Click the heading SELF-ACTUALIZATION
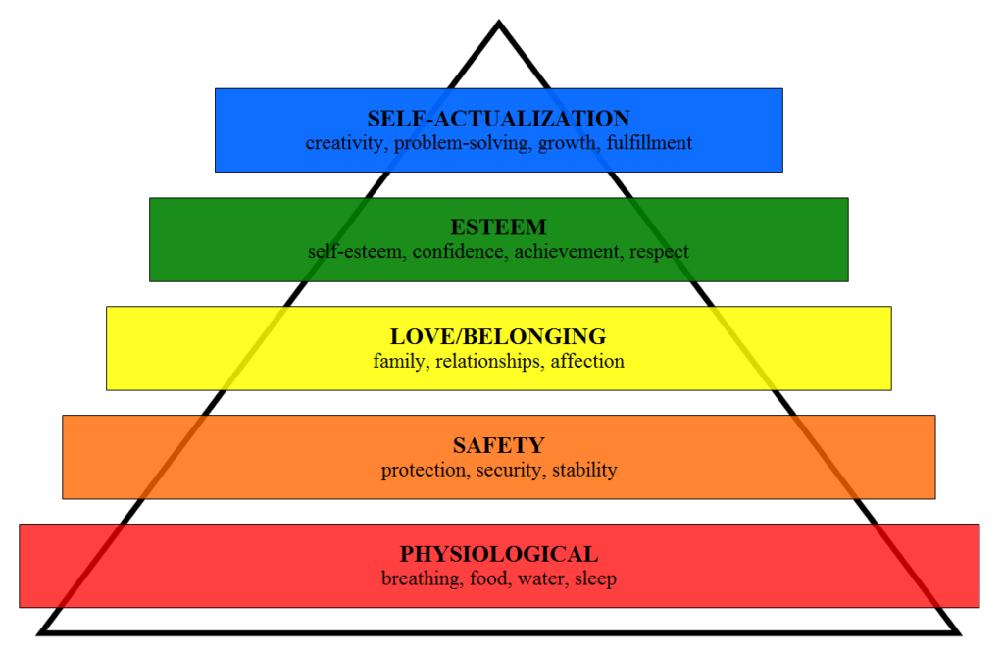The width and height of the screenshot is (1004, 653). coord(499,119)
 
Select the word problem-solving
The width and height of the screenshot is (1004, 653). coord(462,143)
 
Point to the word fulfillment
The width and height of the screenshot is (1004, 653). coord(649,142)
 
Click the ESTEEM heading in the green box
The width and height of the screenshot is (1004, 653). coord(499,227)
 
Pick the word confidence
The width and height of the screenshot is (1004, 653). coord(459,252)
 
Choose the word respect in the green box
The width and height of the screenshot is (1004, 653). coord(659,252)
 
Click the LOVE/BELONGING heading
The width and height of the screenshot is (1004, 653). coord(499,336)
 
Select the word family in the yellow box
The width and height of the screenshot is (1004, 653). coord(399,361)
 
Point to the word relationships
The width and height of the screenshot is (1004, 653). coord(488,361)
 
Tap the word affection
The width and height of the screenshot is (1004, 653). coord(587,361)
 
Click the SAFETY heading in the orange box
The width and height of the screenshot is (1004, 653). coord(499,445)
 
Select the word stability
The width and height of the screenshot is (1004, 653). coord(584,470)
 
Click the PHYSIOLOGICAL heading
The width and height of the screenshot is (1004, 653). coord(499,554)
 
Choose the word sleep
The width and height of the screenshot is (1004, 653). coord(595,578)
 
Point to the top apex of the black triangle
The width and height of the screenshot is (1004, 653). coord(499,22)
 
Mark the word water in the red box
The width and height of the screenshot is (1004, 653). coord(542,578)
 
